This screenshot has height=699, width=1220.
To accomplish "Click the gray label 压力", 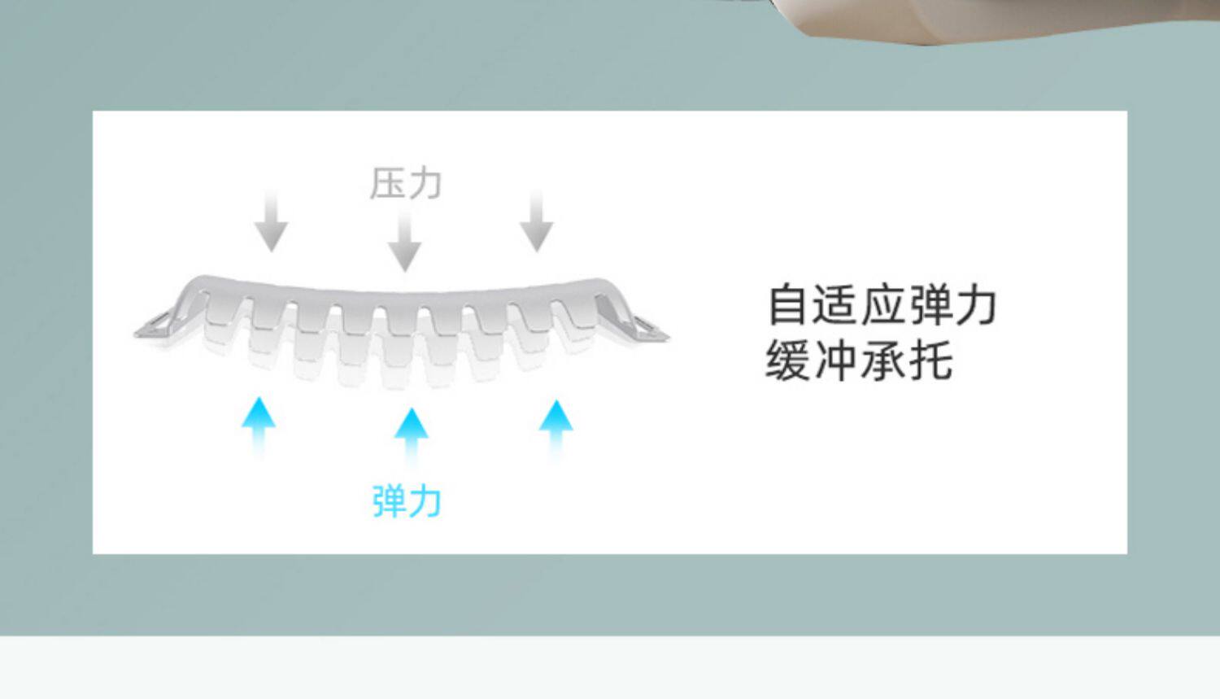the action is tap(406, 183).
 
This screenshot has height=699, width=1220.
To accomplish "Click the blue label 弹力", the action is tap(407, 500).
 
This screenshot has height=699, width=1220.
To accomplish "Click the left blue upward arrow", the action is tap(259, 425).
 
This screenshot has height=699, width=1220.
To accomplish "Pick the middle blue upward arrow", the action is tap(411, 435).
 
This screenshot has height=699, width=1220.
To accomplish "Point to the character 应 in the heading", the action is tap(882, 305).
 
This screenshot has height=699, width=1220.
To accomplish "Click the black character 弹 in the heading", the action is tap(930, 305).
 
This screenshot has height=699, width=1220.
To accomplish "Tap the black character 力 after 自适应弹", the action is tap(976, 305).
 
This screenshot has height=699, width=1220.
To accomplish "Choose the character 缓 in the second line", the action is tap(787, 360).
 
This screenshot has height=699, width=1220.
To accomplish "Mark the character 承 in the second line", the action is tap(882, 360).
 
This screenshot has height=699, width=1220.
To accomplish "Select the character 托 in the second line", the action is tap(930, 360).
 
